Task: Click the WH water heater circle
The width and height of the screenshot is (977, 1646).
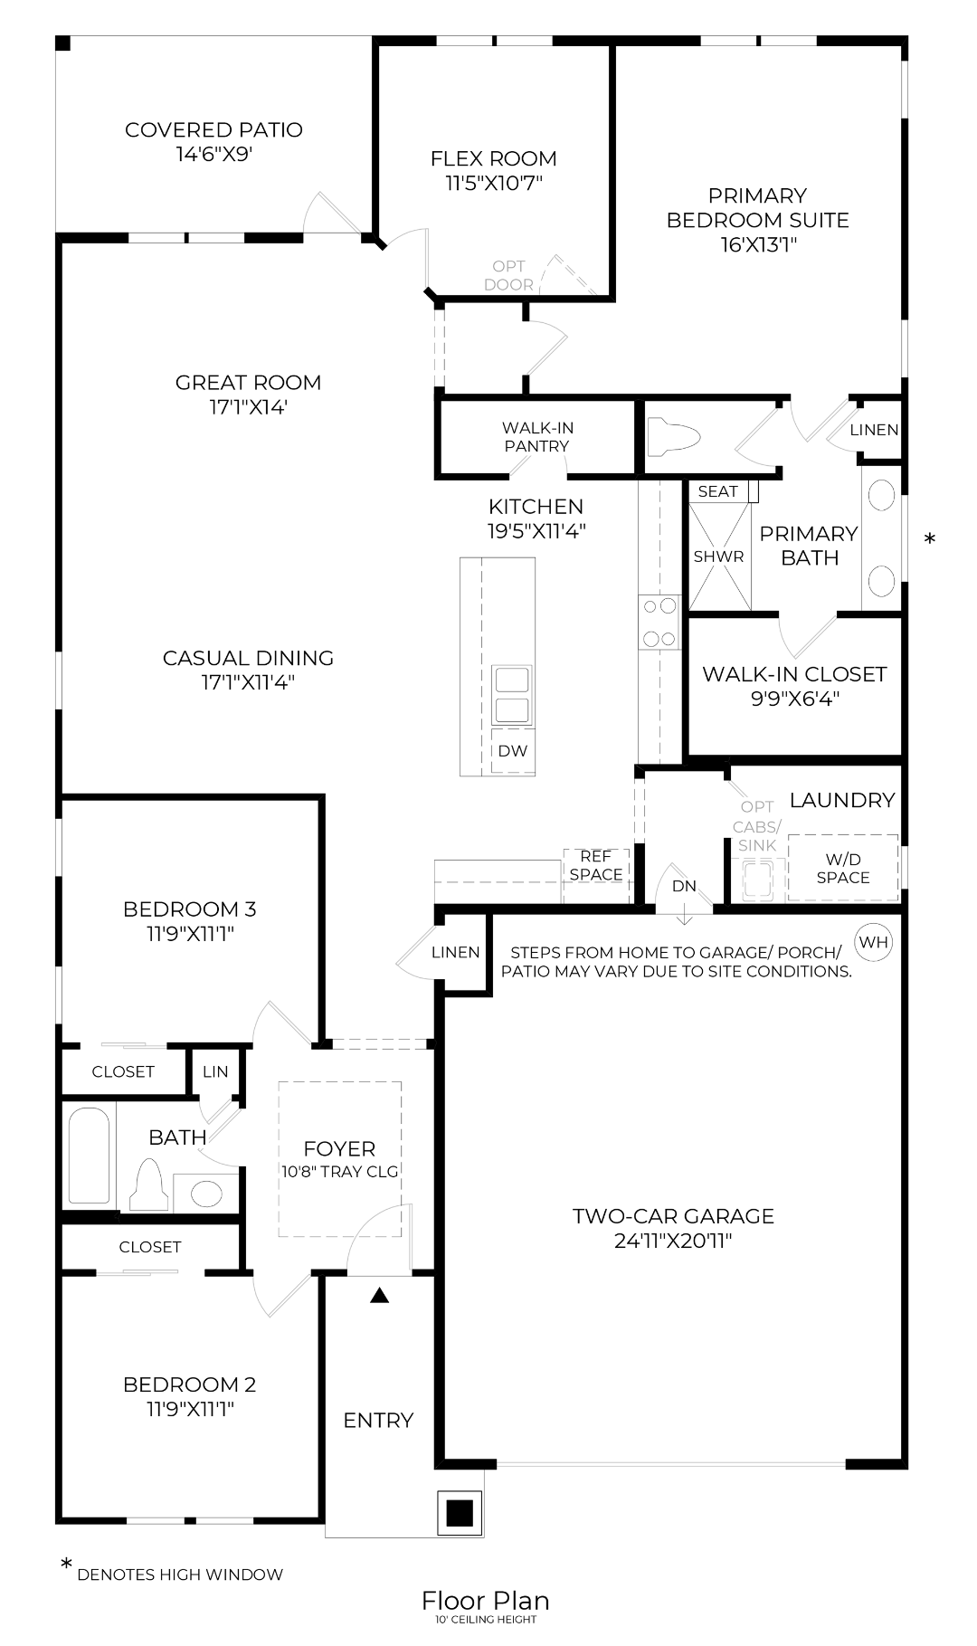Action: click(873, 942)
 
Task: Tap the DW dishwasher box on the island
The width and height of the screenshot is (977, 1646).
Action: click(512, 750)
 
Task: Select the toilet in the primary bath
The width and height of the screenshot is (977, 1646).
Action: click(674, 436)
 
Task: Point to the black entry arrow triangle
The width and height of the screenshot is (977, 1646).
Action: click(380, 1296)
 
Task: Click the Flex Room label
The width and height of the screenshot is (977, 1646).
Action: click(493, 158)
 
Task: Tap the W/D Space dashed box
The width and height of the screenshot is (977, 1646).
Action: click(842, 868)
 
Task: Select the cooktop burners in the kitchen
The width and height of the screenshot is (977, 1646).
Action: click(659, 622)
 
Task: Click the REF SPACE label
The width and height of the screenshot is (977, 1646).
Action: click(595, 865)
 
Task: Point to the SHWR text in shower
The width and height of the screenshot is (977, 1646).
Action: click(718, 557)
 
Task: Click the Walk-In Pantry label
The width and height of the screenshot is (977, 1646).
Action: click(537, 436)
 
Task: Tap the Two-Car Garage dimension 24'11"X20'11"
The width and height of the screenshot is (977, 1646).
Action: click(673, 1241)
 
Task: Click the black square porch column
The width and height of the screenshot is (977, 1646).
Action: click(460, 1512)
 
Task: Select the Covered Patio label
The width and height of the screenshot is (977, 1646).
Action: click(213, 129)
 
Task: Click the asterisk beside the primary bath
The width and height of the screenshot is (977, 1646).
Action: click(929, 540)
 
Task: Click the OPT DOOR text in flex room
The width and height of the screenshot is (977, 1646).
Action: click(508, 275)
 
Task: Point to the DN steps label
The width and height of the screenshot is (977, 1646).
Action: click(684, 886)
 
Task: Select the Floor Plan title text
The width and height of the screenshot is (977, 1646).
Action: click(485, 1600)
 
